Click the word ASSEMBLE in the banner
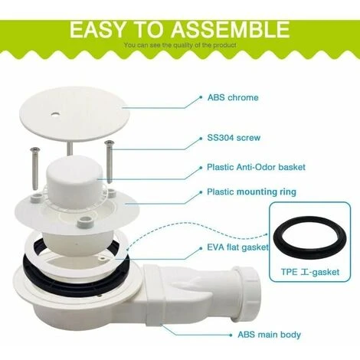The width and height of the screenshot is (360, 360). pos(231,30)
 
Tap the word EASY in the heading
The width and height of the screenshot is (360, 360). pos(98,30)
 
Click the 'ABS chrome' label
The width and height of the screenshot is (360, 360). pos(233,97)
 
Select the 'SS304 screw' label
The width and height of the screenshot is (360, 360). pos(234,138)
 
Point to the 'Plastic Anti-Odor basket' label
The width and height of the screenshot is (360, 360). pos(256,167)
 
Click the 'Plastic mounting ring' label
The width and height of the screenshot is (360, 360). pos(251,192)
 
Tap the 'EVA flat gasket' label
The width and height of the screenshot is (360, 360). pos(237,247)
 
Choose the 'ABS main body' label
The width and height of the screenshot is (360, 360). pos(270,335)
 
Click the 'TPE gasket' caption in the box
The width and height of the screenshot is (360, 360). pos(310,272)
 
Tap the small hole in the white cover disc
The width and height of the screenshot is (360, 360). pos(54,114)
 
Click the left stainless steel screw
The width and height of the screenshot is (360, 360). pos(34,169)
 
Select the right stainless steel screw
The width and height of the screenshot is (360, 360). pos(109,162)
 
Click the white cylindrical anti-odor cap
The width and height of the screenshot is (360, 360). pos(74,181)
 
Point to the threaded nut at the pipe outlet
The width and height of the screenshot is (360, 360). pos(247,283)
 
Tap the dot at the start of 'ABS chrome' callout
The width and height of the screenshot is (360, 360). pos(201,97)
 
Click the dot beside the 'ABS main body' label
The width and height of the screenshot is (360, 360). pos(231,335)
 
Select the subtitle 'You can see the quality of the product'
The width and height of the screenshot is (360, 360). pos(180,45)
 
